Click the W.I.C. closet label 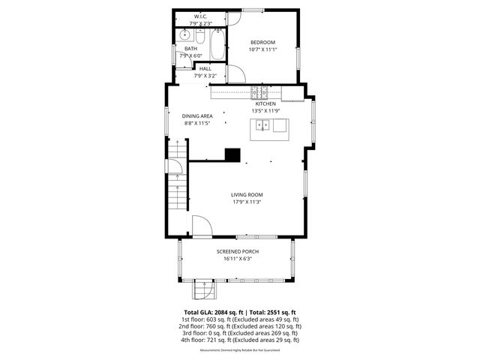tap(201, 16)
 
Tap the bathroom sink tap(185, 34)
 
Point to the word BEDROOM tap(262, 42)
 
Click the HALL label tap(205, 68)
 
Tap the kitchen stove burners tap(260, 93)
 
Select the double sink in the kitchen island tap(262, 125)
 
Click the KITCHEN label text tap(265, 103)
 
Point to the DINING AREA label tap(197, 116)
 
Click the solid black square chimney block tap(233, 154)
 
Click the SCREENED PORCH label tap(238, 251)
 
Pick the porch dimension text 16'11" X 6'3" tap(238, 259)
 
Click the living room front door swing tap(201, 224)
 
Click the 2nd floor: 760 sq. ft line tap(240, 326)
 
